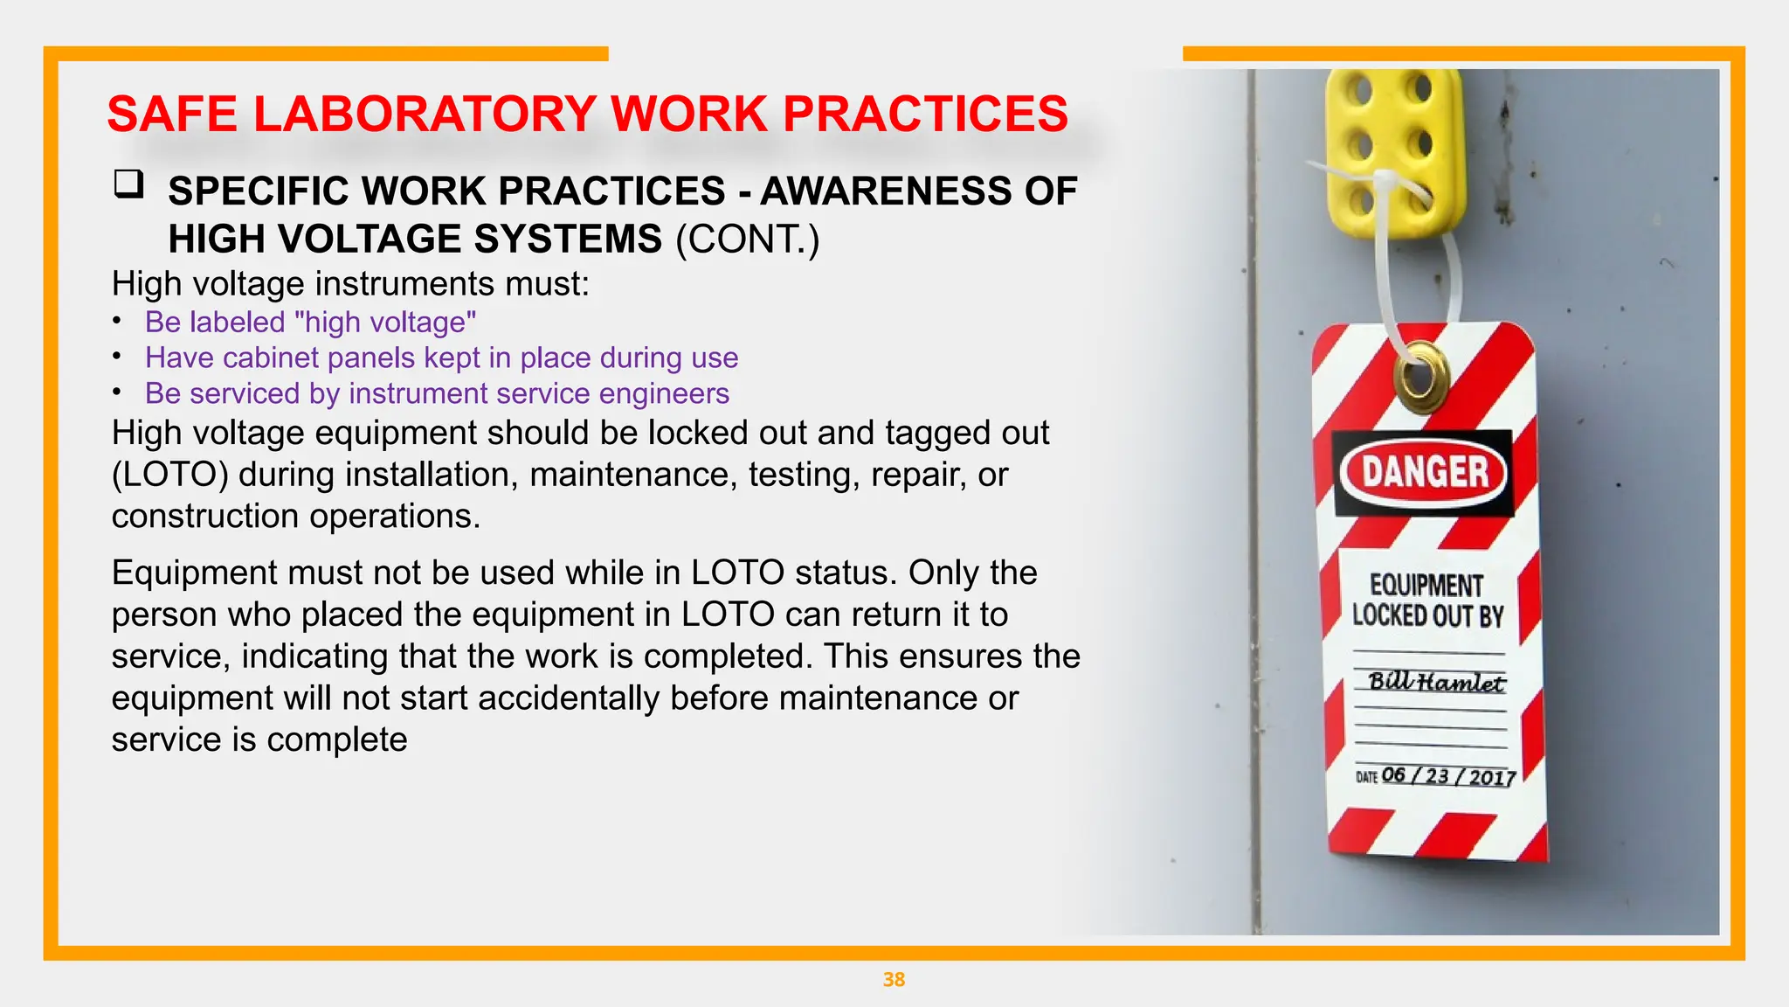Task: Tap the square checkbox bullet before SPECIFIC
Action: pyautogui.click(x=128, y=184)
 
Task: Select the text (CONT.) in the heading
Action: pyautogui.click(x=747, y=240)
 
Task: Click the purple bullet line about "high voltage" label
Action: pyautogui.click(x=310, y=323)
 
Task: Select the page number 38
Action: pyautogui.click(x=894, y=980)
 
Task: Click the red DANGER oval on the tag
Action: pyautogui.click(x=1424, y=473)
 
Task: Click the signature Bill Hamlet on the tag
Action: pyautogui.click(x=1436, y=682)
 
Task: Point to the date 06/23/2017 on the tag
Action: pyautogui.click(x=1447, y=776)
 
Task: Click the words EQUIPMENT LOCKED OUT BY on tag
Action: pyautogui.click(x=1427, y=601)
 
